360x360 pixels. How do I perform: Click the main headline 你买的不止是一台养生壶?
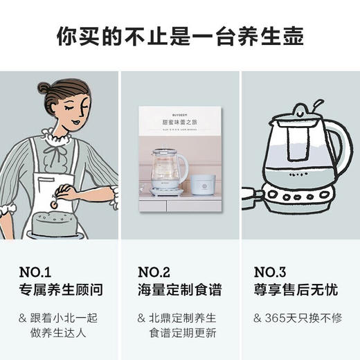180,36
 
